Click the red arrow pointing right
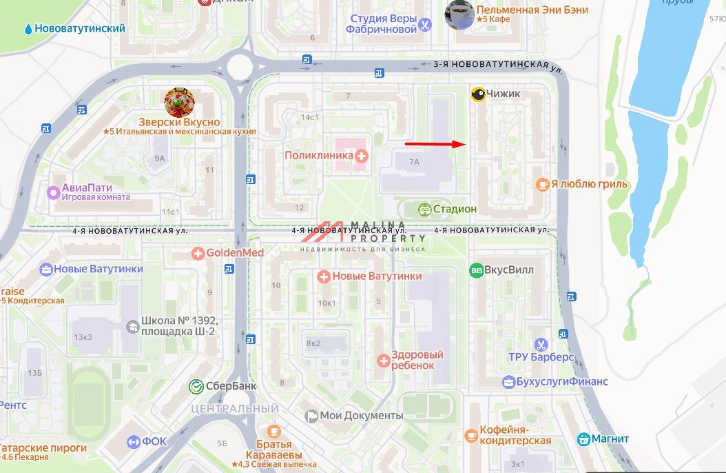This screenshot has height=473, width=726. pos(435,144)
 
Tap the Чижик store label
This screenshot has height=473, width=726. pos(504,94)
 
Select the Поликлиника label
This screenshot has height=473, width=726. pos(319,156)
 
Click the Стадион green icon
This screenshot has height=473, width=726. pos(425,209)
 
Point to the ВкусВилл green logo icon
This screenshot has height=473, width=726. pos(476,270)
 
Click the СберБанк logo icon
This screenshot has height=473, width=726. pos(196,386)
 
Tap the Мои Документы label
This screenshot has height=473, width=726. pos(362,416)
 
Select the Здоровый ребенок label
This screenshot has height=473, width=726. pos(417,360)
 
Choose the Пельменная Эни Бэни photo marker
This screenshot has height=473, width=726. pos(459,14)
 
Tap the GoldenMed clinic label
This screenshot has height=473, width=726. pos(235,253)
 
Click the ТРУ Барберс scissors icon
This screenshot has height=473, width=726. pos(541,343)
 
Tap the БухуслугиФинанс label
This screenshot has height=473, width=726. pos(565,381)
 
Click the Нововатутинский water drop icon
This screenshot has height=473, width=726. pos(28,30)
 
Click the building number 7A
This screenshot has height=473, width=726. pos(414,162)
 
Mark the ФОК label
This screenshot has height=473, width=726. pos(154,441)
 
